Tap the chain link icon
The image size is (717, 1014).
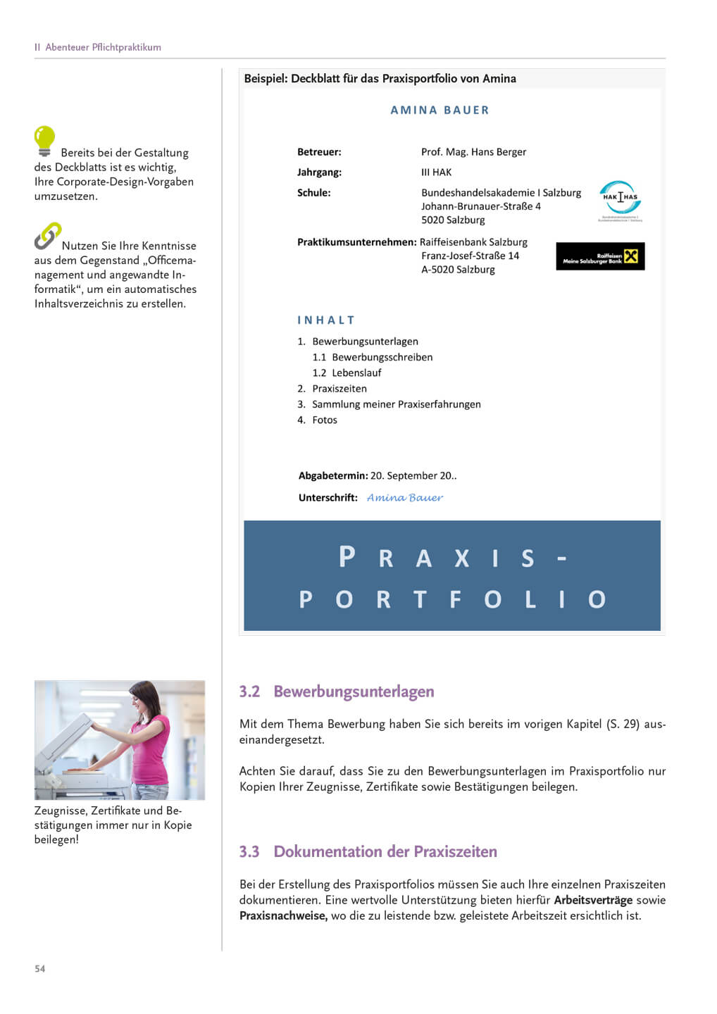tap(48, 236)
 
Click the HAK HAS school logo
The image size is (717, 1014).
tap(620, 199)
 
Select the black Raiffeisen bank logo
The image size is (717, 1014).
tap(600, 256)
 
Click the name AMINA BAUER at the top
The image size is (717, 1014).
tap(439, 111)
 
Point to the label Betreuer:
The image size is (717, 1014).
tap(319, 152)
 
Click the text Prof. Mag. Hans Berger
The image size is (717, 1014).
tap(473, 152)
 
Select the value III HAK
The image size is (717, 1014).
tap(436, 173)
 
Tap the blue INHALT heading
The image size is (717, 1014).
tap(326, 320)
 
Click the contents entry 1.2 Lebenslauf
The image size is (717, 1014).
tap(347, 373)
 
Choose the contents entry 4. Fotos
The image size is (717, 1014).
tap(317, 420)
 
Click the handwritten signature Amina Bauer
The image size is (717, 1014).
tap(405, 498)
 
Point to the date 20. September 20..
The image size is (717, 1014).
tap(413, 476)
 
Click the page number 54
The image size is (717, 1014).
tap(40, 969)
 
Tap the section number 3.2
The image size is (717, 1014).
tap(249, 692)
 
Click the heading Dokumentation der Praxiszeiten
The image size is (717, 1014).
tap(385, 852)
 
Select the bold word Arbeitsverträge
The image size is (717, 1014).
tap(593, 901)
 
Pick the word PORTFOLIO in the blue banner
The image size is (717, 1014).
tap(452, 599)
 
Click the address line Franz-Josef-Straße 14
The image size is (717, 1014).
tap(470, 256)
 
